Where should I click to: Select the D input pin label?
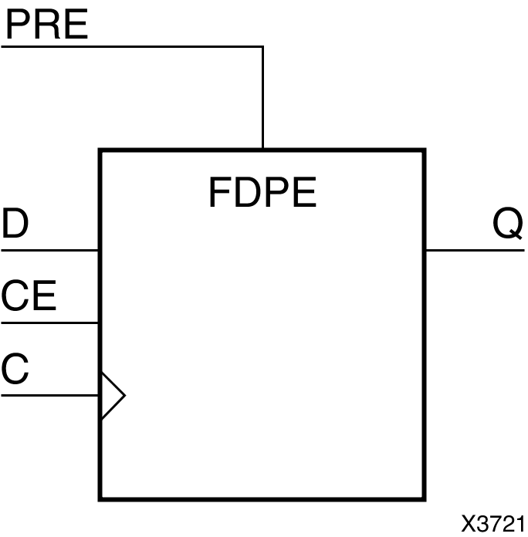(15, 225)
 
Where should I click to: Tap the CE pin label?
(29, 296)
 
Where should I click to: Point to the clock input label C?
(15, 369)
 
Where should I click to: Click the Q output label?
(508, 225)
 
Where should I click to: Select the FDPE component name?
(262, 193)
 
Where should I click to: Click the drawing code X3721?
(493, 523)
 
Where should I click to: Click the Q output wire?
(475, 250)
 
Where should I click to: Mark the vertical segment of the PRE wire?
(263, 96)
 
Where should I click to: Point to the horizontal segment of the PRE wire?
(131, 46)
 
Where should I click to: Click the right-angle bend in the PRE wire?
(263, 46)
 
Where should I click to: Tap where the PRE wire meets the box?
(263, 149)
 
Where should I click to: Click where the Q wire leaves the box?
(425, 250)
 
